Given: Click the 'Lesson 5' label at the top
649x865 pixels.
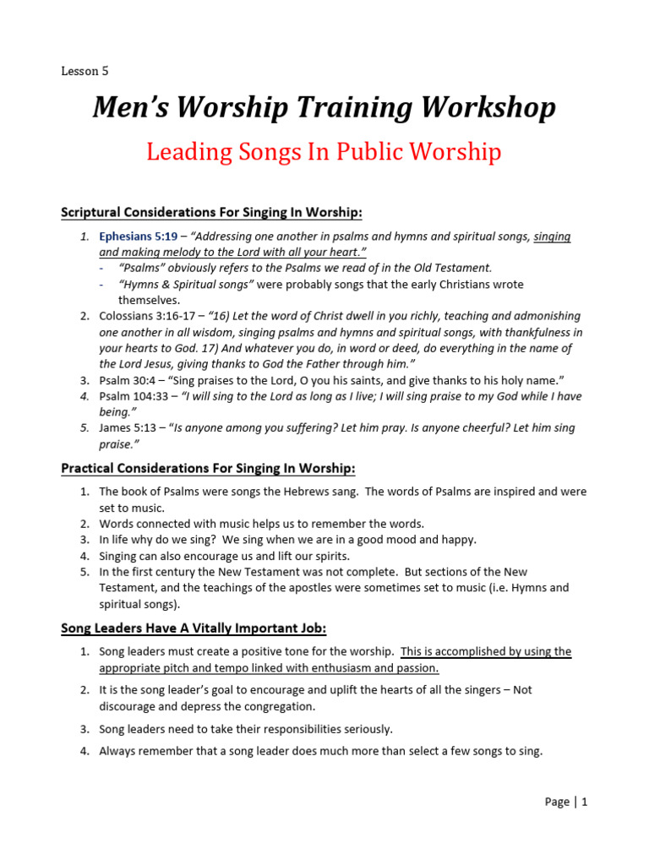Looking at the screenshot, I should pyautogui.click(x=85, y=71).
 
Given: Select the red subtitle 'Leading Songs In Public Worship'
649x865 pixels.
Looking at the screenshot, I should pyautogui.click(x=324, y=152).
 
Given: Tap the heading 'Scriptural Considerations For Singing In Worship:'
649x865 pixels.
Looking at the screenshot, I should pyautogui.click(x=211, y=211).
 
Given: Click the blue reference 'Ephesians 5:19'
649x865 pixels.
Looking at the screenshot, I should pyautogui.click(x=138, y=237).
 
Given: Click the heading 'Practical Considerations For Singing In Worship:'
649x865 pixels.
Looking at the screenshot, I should pyautogui.click(x=208, y=468).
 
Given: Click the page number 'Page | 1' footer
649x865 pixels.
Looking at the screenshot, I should pyautogui.click(x=565, y=802).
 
